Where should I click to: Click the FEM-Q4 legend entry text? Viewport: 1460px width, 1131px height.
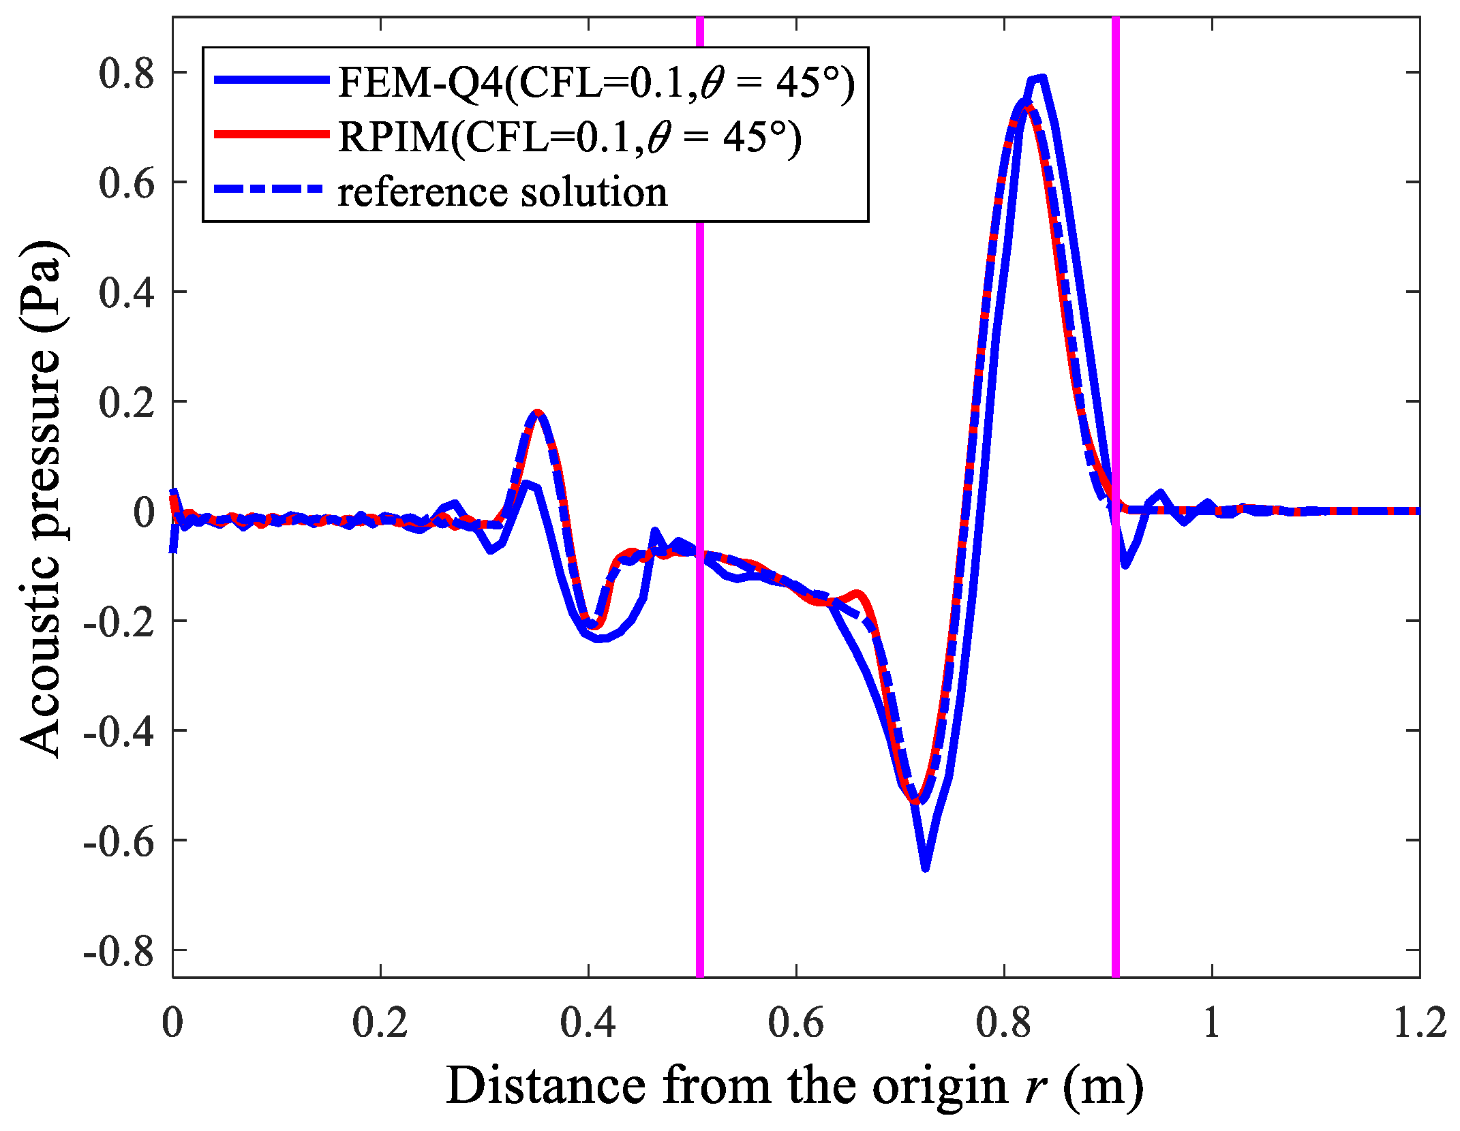(x=596, y=83)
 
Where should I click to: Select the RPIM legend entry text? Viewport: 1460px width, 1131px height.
(x=570, y=138)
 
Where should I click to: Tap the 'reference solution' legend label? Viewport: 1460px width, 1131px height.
(x=502, y=192)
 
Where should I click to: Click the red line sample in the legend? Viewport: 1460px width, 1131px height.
(x=271, y=134)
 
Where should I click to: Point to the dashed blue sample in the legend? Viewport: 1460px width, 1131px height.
(x=271, y=189)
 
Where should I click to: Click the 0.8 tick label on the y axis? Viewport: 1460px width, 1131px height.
(x=127, y=73)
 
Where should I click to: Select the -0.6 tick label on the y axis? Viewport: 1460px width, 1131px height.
(x=119, y=841)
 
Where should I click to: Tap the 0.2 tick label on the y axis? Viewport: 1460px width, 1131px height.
(x=127, y=402)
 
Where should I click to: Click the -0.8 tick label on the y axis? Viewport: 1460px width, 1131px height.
(x=119, y=950)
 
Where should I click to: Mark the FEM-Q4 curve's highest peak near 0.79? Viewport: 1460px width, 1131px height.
(x=1039, y=78)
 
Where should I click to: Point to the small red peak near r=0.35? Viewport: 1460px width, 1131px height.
(x=538, y=412)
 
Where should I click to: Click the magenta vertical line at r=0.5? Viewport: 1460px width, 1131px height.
(x=699, y=681)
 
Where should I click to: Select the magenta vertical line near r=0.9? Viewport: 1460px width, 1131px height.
(x=1116, y=681)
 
